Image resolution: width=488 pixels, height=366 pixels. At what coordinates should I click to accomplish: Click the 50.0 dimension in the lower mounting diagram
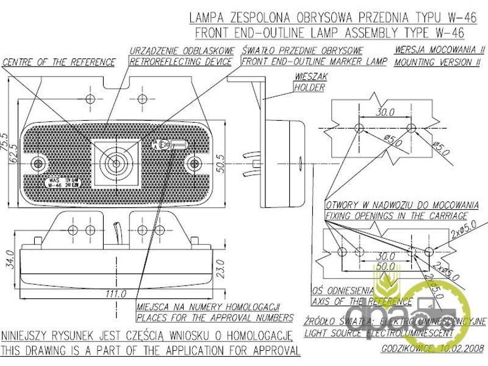384,267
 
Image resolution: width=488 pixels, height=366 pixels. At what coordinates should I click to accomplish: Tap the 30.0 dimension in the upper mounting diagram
385,112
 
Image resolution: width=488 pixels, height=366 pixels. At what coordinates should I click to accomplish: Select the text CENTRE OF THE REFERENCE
59,62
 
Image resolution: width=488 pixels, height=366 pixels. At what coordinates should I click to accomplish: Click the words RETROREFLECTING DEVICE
181,62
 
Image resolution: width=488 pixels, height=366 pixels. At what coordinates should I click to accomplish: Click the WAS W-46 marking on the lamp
54,184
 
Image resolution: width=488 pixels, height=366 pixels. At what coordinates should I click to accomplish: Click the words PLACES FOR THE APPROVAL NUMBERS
214,317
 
